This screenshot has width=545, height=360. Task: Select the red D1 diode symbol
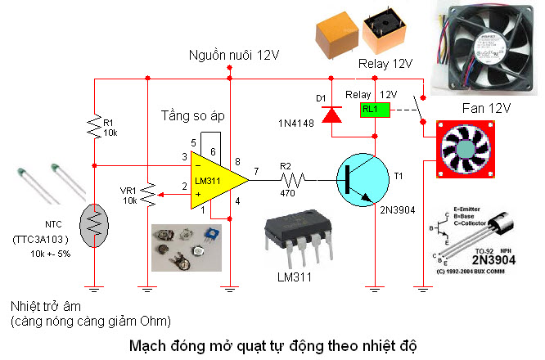tap(331, 115)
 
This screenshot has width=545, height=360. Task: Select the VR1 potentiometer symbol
tap(146, 193)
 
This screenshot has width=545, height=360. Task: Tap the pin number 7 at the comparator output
tap(255, 171)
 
